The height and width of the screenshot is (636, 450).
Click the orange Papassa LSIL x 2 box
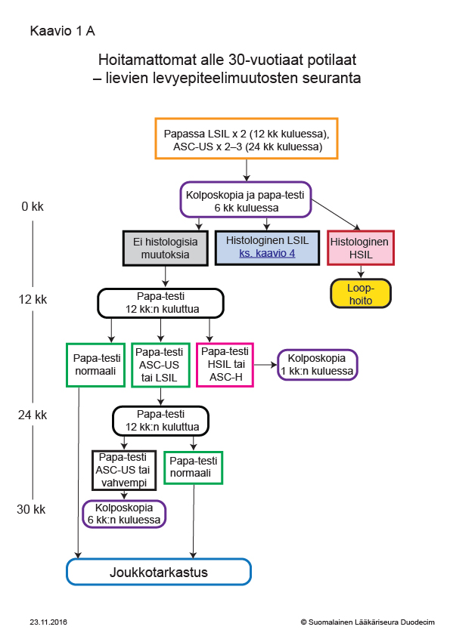click(246, 138)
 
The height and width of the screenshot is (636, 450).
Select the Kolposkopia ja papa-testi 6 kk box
click(245, 199)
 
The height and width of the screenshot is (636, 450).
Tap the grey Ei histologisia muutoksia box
click(166, 249)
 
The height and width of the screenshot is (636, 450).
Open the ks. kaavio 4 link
click(267, 254)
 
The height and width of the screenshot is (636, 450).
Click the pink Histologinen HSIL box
click(361, 248)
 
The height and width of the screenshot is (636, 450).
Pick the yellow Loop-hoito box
click(361, 293)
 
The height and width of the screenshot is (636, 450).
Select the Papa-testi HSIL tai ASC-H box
click(225, 365)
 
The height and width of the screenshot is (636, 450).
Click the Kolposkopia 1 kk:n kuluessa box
click(317, 365)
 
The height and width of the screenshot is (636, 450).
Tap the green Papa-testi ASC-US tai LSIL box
click(160, 365)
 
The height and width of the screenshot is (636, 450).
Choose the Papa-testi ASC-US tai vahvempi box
click(124, 470)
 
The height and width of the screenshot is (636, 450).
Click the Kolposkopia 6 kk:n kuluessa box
click(124, 514)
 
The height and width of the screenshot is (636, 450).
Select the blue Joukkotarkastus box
click(159, 572)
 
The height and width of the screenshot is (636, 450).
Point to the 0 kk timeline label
click(33, 206)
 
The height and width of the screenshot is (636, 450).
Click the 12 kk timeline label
click(33, 299)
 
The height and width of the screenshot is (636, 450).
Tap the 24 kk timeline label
click(33, 415)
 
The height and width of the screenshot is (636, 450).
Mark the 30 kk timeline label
click(31, 509)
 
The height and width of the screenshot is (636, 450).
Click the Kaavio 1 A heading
click(63, 31)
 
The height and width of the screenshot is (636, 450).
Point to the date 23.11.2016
click(48, 622)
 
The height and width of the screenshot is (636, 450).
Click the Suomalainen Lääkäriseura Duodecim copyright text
click(368, 622)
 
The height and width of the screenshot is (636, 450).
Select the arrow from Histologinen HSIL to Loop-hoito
click(361, 272)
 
